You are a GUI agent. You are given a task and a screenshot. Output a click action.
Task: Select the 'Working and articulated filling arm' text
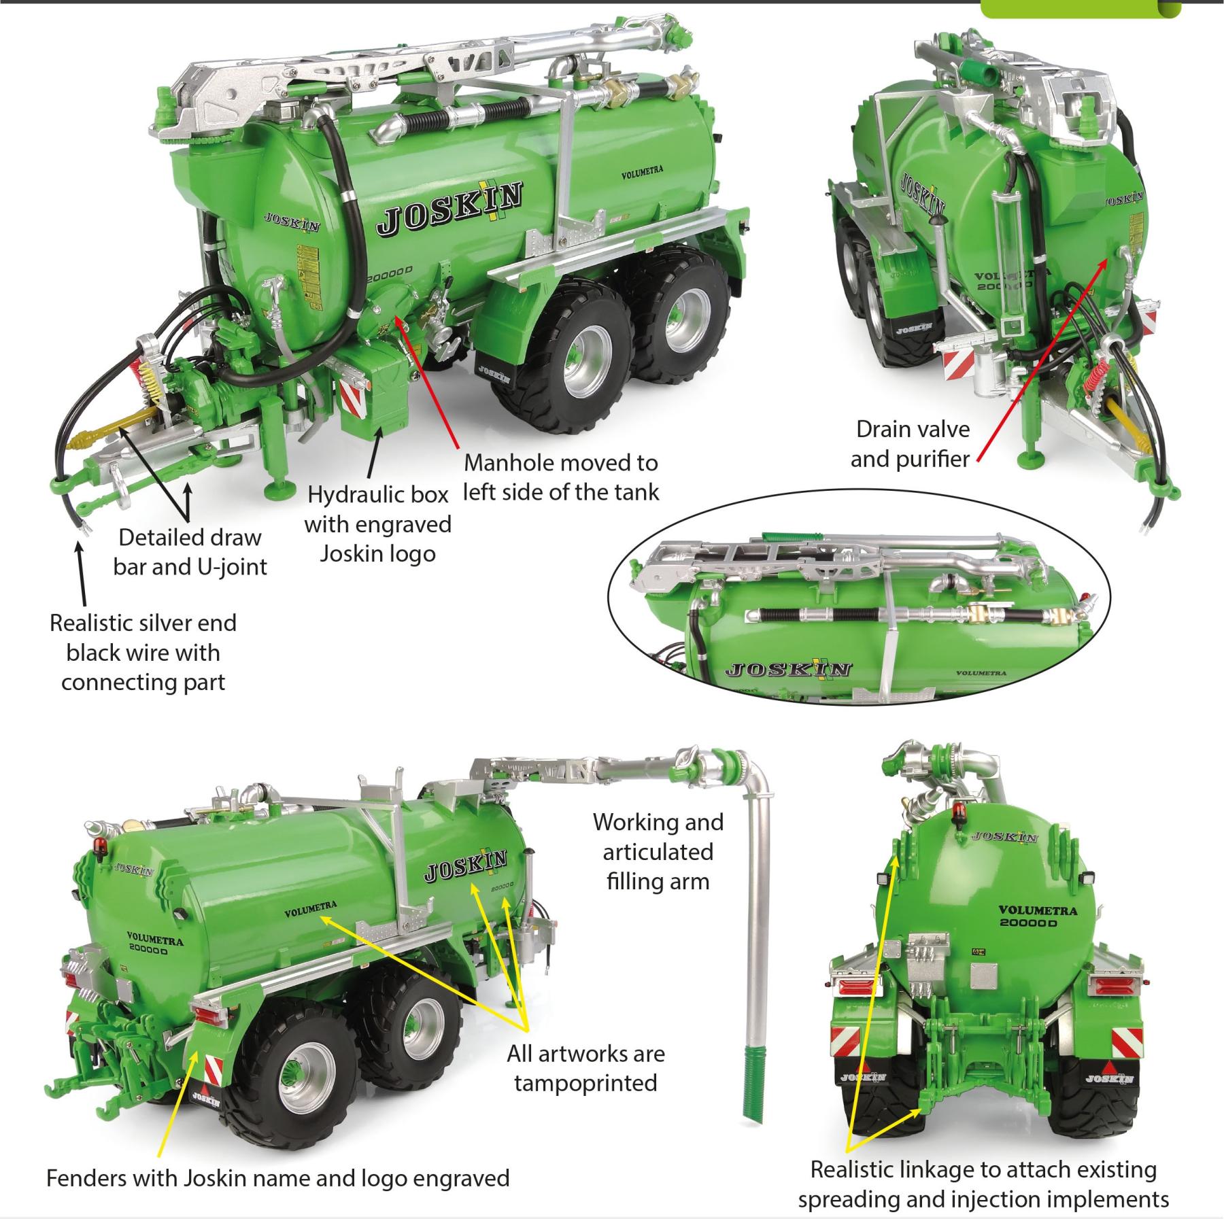(x=658, y=852)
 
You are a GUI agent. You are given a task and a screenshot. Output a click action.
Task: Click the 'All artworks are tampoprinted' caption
(x=585, y=1068)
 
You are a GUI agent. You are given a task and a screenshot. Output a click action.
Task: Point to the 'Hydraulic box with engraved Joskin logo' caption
(x=378, y=524)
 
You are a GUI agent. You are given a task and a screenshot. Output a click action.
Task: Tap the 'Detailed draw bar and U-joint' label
(x=190, y=552)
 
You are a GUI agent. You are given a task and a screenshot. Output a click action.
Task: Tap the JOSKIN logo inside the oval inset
(x=787, y=669)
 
